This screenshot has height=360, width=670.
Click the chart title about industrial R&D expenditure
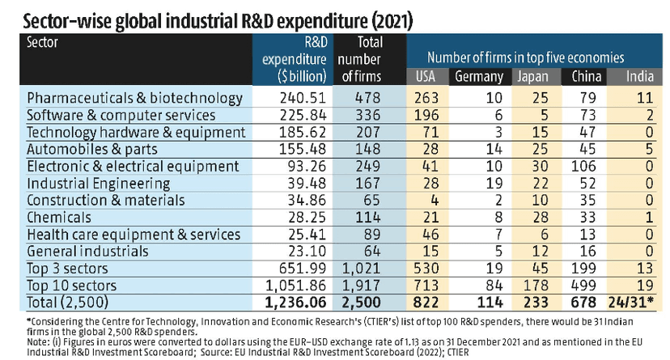click(210, 16)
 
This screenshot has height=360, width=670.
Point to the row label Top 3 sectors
click(70, 268)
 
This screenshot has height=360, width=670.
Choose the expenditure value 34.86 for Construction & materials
click(307, 200)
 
